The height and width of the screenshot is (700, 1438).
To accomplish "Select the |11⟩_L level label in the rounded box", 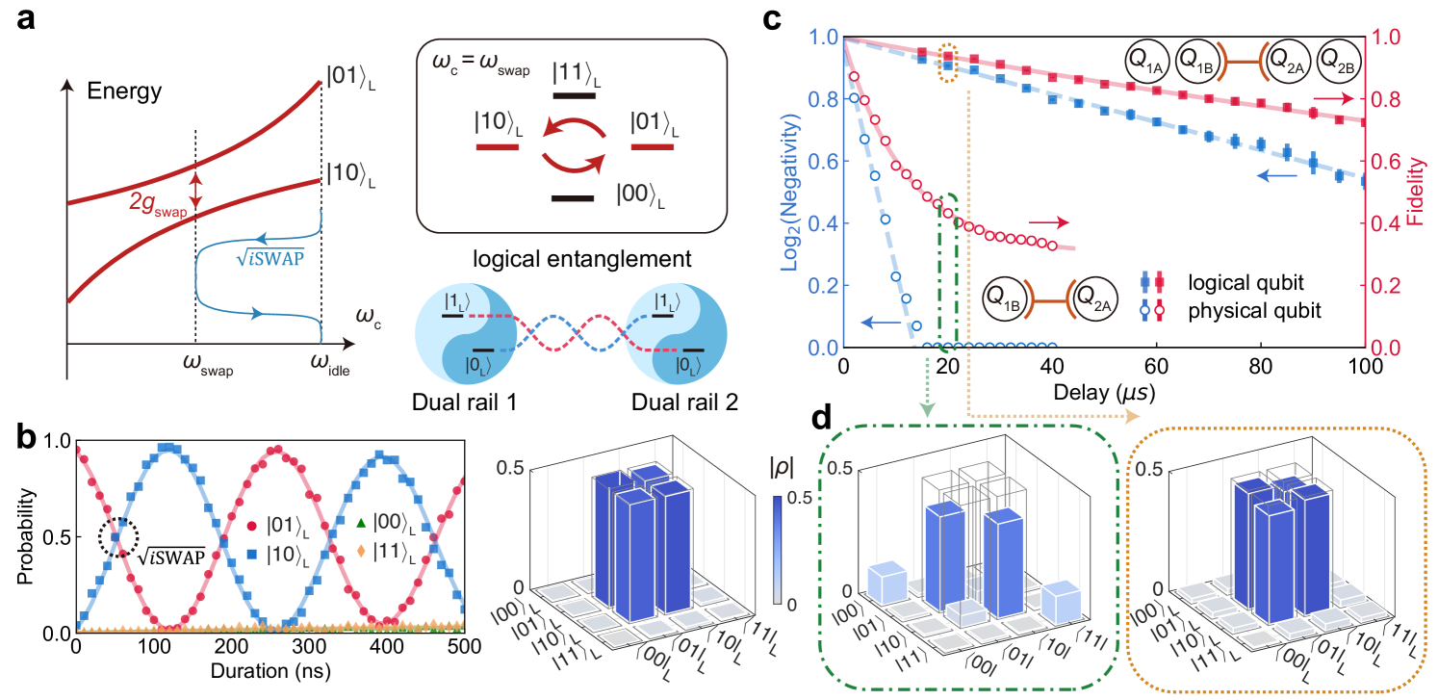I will [x=578, y=74].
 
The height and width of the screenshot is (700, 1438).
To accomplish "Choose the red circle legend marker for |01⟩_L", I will [x=251, y=526].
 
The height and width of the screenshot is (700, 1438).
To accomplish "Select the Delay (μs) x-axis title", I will [x=1103, y=393].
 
